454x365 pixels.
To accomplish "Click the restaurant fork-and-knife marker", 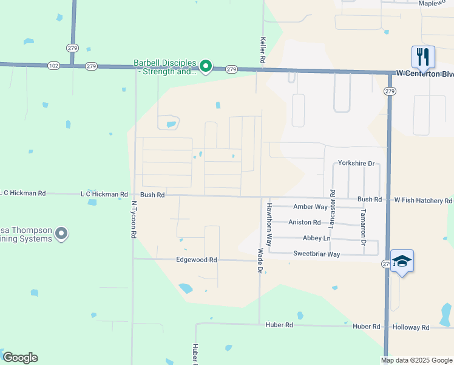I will (423, 57).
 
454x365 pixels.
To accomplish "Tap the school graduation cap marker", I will (402, 261).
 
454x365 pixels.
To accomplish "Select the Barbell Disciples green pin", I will (206, 66).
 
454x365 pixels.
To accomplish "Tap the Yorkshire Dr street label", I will (356, 164).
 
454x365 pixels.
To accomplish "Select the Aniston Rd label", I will (304, 223).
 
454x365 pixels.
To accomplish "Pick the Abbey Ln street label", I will (316, 238).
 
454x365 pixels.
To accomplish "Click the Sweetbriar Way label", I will (316, 254).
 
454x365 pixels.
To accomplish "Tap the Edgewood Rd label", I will (196, 260).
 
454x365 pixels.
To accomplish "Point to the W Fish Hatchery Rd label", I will (423, 200).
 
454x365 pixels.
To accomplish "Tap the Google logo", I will (20, 358).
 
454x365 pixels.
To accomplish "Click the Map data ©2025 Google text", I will (416, 360).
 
